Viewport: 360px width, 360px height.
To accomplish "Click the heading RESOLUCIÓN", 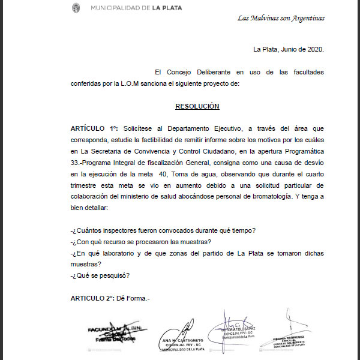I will click(x=197, y=106).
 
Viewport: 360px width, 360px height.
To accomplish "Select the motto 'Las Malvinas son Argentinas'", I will click(x=281, y=18).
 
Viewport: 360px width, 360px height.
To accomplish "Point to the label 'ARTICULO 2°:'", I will click(x=92, y=298).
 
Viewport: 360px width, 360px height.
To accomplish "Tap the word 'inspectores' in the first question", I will click(x=122, y=231).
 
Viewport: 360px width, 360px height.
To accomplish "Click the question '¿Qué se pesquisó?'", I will click(x=100, y=275).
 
